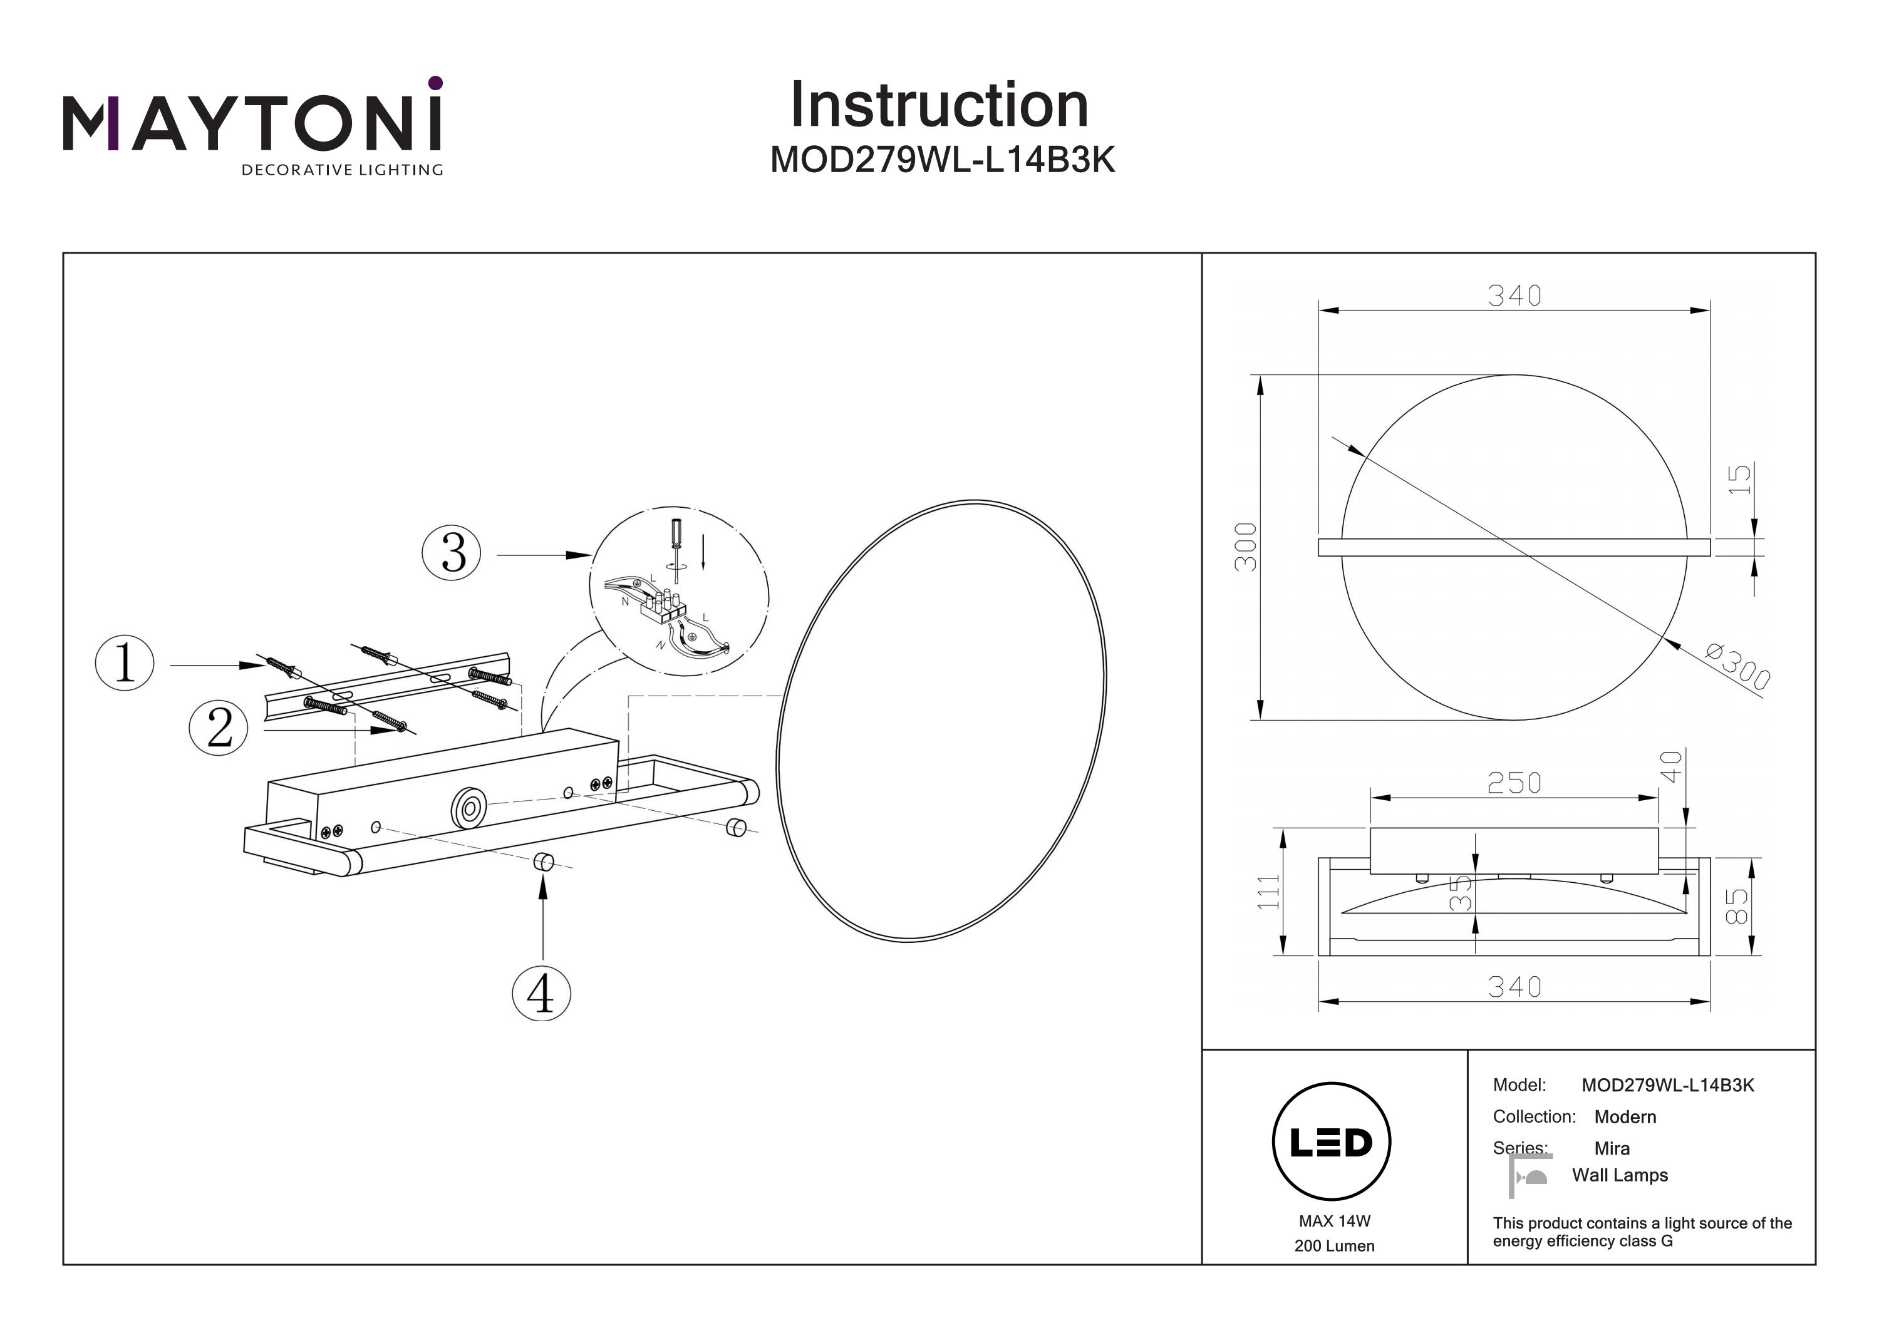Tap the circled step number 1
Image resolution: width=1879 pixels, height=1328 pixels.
(x=125, y=663)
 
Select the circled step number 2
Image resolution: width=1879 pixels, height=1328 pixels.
(x=219, y=728)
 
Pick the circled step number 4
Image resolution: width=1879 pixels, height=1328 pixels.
(x=541, y=994)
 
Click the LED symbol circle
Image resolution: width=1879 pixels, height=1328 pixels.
(x=1332, y=1142)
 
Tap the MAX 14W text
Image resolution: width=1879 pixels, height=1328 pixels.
(x=1334, y=1221)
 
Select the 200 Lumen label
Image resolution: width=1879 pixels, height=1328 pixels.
(x=1334, y=1246)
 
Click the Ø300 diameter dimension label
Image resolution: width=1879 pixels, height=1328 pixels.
(x=1738, y=667)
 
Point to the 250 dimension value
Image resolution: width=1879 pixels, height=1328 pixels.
(x=1514, y=784)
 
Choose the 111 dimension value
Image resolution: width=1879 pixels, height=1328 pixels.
(x=1268, y=892)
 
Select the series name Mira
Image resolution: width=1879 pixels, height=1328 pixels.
(x=1612, y=1148)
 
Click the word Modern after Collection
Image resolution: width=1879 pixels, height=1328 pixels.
(x=1625, y=1117)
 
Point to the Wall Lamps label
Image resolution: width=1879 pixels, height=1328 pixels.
(x=1620, y=1175)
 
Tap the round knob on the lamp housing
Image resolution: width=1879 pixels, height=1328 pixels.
(x=469, y=810)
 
